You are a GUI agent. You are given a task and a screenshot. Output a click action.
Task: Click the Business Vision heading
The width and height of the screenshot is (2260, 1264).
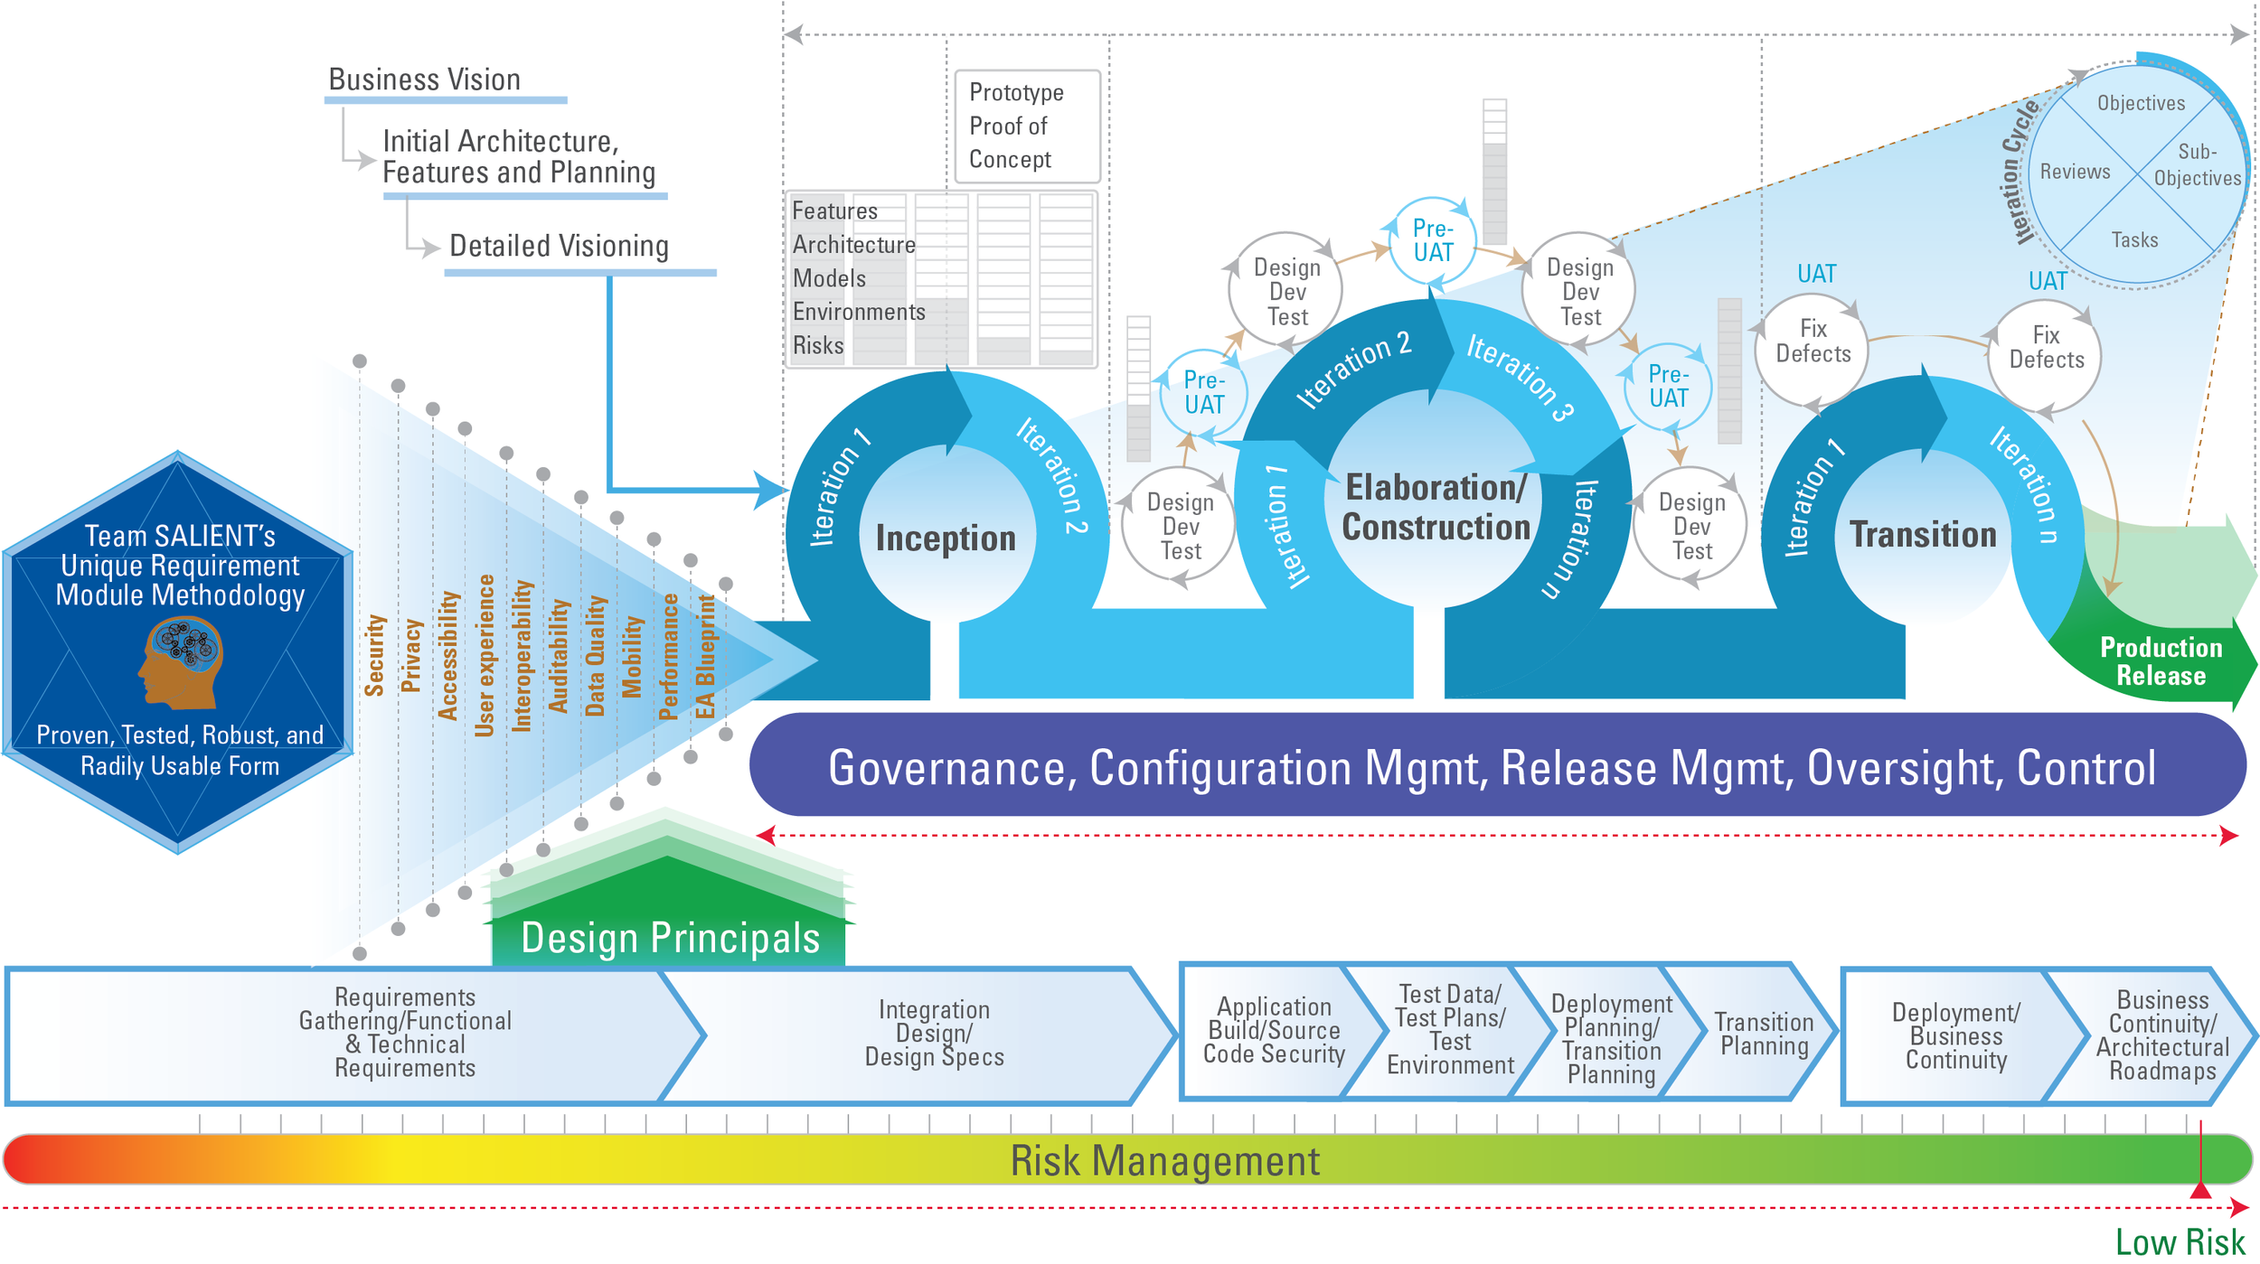pyautogui.click(x=424, y=80)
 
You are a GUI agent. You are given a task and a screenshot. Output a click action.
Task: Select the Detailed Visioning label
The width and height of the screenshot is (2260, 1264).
pyautogui.click(x=559, y=246)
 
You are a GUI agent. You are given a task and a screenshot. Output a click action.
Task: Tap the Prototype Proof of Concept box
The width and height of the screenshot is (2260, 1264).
pyautogui.click(x=1027, y=126)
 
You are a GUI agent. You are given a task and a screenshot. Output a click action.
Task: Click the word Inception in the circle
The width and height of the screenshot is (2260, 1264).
pyautogui.click(x=946, y=538)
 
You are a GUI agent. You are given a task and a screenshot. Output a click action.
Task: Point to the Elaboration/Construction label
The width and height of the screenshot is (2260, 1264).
pyautogui.click(x=1436, y=508)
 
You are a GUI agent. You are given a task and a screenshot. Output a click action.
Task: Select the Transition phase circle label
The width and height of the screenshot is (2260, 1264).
pyautogui.click(x=1923, y=535)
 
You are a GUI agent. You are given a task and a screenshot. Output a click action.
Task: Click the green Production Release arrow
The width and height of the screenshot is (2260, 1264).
pyautogui.click(x=2160, y=661)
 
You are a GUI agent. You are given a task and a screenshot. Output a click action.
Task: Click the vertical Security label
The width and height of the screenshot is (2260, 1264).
pyautogui.click(x=375, y=655)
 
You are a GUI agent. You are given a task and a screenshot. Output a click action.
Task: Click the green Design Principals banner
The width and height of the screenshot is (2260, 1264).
pyautogui.click(x=670, y=938)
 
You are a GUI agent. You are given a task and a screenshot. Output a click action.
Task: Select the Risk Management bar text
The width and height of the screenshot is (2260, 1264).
pyautogui.click(x=1164, y=1161)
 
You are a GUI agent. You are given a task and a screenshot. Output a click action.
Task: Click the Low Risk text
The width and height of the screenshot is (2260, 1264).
pyautogui.click(x=2180, y=1242)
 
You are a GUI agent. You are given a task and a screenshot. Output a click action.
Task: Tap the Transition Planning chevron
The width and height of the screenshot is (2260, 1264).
pyautogui.click(x=1764, y=1034)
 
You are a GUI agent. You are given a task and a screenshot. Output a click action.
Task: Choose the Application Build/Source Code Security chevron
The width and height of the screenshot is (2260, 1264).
pyautogui.click(x=1274, y=1031)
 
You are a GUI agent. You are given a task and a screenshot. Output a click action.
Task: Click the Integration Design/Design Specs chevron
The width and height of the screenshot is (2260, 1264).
pyautogui.click(x=934, y=1034)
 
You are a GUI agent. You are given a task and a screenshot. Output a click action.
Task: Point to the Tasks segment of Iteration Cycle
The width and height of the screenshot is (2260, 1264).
pyautogui.click(x=2134, y=239)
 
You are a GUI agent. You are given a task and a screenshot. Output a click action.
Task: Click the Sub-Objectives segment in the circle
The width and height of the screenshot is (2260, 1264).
pyautogui.click(x=2196, y=165)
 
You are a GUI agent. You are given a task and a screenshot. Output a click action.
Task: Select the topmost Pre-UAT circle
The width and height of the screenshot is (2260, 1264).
pyautogui.click(x=1433, y=240)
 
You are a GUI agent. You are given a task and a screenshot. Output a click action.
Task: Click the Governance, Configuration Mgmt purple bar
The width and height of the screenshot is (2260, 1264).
pyautogui.click(x=1492, y=767)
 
